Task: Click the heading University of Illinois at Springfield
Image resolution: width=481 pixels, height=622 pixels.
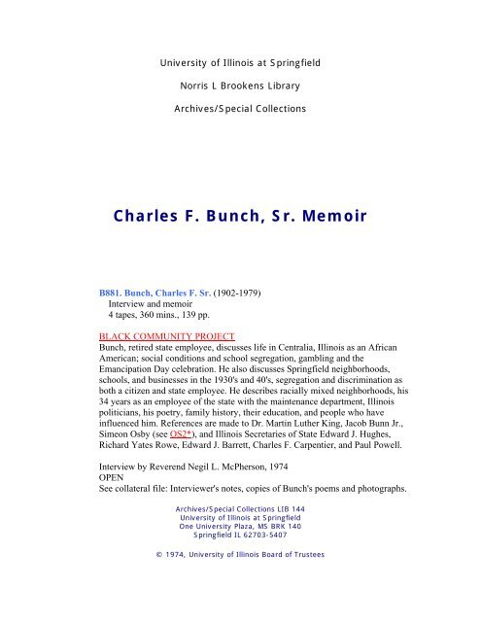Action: pos(239,63)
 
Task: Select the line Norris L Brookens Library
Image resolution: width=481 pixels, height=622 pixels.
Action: pos(239,86)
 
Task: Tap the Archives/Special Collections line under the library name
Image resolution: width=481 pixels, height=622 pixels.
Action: pos(239,108)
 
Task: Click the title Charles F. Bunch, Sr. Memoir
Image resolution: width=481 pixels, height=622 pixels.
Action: pos(239,216)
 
